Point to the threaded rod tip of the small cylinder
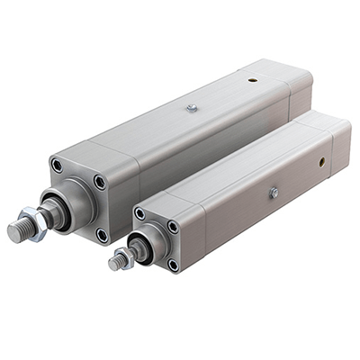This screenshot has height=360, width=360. (x=115, y=263)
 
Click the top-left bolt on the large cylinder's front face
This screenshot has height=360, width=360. (x=58, y=166)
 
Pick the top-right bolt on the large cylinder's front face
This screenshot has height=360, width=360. (x=99, y=182)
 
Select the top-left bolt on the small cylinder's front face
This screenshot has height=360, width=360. (x=139, y=215)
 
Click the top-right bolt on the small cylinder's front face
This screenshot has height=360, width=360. (x=173, y=226)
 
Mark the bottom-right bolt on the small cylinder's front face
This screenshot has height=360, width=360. (x=173, y=265)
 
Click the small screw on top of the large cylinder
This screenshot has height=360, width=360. (x=192, y=108)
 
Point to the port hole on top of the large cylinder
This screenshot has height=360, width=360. (x=253, y=78)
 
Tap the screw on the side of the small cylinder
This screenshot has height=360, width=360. (x=273, y=193)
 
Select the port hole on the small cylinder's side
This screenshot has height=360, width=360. (x=321, y=164)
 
